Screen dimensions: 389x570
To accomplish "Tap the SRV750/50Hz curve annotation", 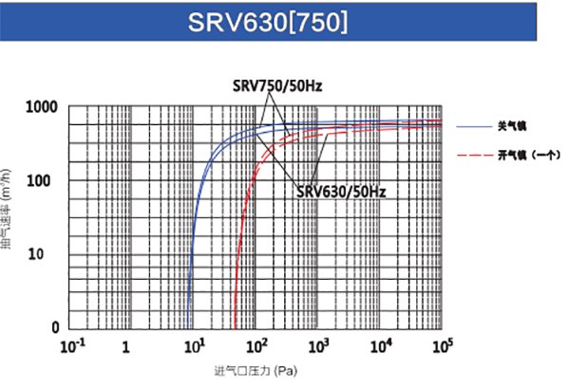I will coord(277,86).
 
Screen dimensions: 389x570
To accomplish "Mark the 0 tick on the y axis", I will coord(55,327).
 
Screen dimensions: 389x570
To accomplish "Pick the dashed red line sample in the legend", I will coord(473,154).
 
